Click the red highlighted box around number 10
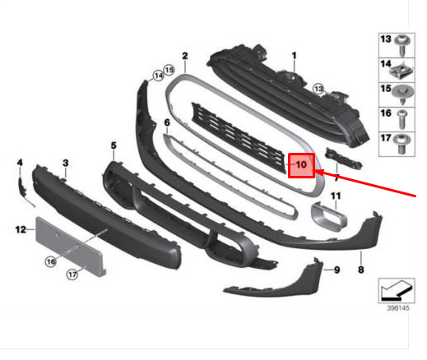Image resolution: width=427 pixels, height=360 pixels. [x=301, y=165]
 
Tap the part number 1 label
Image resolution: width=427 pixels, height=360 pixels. [x=294, y=56]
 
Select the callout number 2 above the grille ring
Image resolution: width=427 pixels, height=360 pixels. [x=185, y=56]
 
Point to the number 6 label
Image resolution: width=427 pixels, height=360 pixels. [x=167, y=122]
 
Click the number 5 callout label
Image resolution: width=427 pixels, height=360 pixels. [x=114, y=145]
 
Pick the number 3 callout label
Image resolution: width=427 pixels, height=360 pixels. [x=65, y=163]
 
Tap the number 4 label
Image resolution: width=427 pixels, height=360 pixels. [x=20, y=163]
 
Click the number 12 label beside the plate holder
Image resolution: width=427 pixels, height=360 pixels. [x=21, y=229]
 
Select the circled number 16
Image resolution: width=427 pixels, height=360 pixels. [x=51, y=261]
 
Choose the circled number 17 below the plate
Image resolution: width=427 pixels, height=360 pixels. [x=72, y=274]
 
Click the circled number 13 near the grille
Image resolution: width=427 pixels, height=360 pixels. [x=318, y=89]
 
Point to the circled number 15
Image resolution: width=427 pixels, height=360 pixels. [x=169, y=70]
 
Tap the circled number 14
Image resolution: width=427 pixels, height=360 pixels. [x=158, y=76]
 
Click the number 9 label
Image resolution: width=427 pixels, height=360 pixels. [x=336, y=270]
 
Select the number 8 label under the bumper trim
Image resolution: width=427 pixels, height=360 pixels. [x=361, y=270]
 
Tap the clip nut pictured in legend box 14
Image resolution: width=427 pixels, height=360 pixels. [x=401, y=71]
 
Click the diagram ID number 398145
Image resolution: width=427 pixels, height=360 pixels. [x=398, y=308]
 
